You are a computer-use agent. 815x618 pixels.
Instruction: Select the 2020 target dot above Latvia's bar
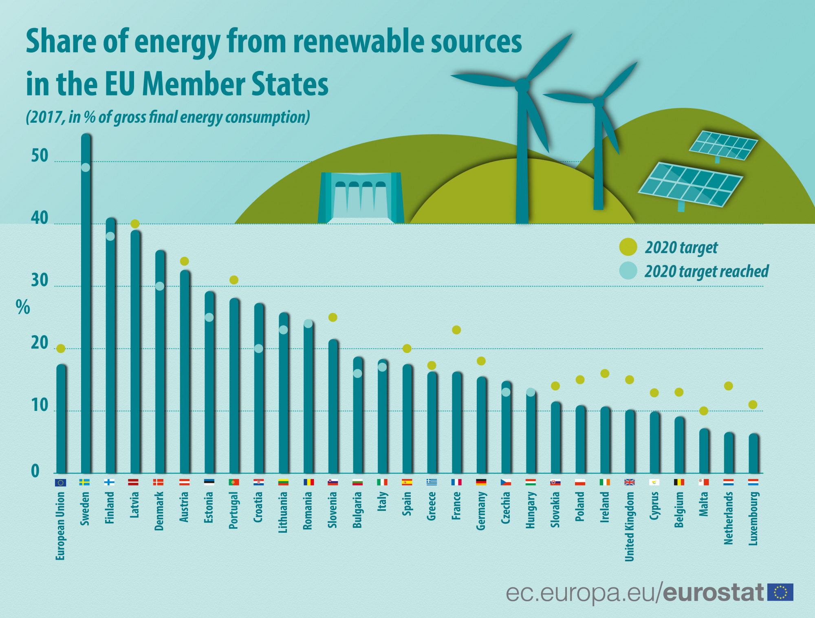135,224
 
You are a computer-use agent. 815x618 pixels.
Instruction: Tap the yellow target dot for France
456,330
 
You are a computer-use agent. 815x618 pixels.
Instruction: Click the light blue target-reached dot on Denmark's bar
160,286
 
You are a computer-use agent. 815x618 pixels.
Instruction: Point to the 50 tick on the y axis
40,156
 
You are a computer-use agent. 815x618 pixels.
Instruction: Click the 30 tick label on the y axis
40,281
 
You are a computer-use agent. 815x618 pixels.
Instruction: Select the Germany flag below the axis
481,482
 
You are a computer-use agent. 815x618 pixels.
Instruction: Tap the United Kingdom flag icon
630,482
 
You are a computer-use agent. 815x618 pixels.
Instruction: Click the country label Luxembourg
753,518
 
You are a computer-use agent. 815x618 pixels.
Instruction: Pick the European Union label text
60,526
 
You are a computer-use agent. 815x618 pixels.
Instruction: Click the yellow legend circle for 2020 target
628,247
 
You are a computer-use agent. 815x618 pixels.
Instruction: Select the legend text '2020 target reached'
706,271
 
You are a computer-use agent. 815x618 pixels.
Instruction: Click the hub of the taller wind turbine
522,85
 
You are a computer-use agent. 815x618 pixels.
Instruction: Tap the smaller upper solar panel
723,145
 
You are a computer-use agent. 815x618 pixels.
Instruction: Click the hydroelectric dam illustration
361,198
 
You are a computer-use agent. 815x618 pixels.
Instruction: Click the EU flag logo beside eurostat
780,592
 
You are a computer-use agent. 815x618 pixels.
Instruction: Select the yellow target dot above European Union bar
61,349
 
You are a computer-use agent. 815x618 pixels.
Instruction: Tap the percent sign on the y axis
23,307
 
